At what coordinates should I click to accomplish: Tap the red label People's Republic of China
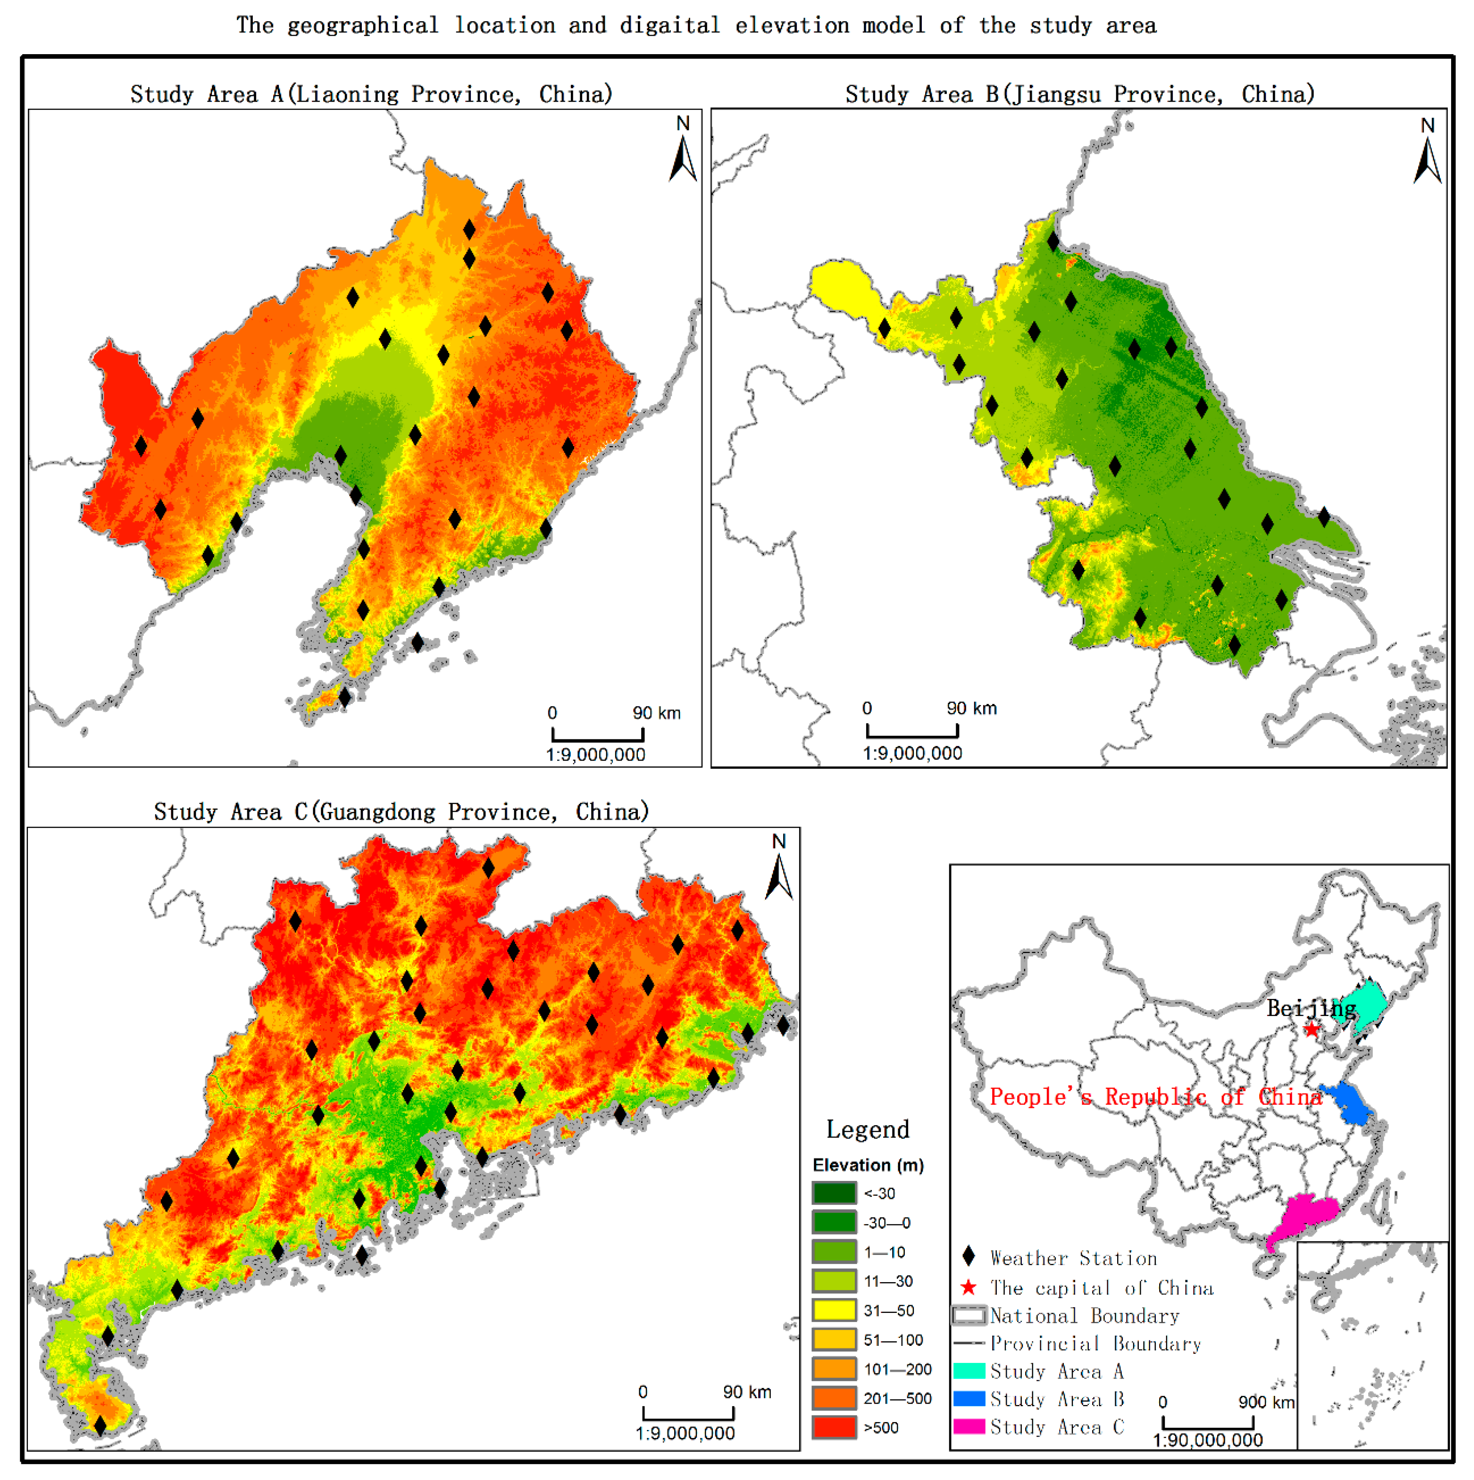[x=1155, y=1096]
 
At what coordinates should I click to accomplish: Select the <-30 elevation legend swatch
[x=834, y=1193]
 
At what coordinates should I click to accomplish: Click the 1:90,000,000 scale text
[x=1208, y=1440]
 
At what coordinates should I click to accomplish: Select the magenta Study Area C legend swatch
[x=969, y=1426]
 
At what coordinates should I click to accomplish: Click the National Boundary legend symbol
[x=969, y=1315]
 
